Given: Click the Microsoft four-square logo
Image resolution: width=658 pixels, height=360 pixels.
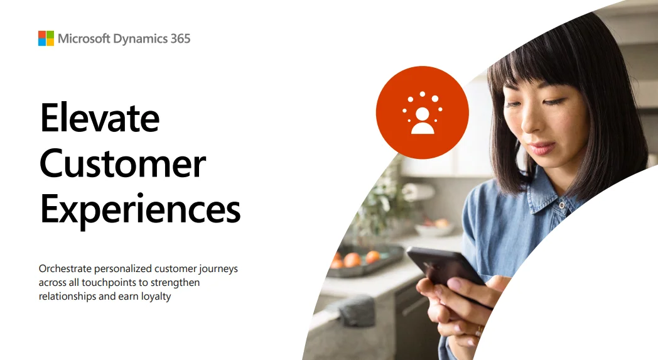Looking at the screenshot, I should point(46,38).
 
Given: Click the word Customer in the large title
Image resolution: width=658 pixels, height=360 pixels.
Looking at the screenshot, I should point(123,163).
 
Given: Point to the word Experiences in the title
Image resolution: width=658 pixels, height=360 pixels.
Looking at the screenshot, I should point(140,209).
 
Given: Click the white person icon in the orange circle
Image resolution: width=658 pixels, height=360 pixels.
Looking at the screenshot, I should point(423,120).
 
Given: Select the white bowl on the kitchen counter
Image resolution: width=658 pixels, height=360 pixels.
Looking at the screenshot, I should point(434,229).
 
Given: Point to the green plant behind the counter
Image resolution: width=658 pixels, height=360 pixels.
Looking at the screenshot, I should point(384,201).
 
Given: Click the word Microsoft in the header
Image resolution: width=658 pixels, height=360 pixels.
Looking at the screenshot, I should point(84,39).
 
